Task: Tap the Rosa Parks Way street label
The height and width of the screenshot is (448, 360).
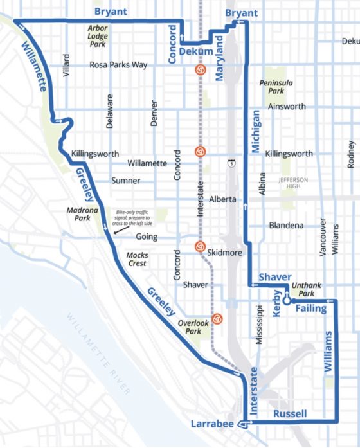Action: click(118, 65)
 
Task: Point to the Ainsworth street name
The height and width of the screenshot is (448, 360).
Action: click(287, 107)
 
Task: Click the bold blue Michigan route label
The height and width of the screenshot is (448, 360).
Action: click(256, 130)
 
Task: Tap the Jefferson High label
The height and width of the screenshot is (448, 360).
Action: click(294, 183)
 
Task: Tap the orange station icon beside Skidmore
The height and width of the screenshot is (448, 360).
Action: click(200, 246)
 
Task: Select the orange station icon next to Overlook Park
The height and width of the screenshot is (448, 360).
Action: click(218, 318)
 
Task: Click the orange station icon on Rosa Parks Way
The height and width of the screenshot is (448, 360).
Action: click(200, 69)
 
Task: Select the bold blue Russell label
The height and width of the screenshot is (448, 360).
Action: click(290, 413)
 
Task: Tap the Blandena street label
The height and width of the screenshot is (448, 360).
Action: click(286, 226)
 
